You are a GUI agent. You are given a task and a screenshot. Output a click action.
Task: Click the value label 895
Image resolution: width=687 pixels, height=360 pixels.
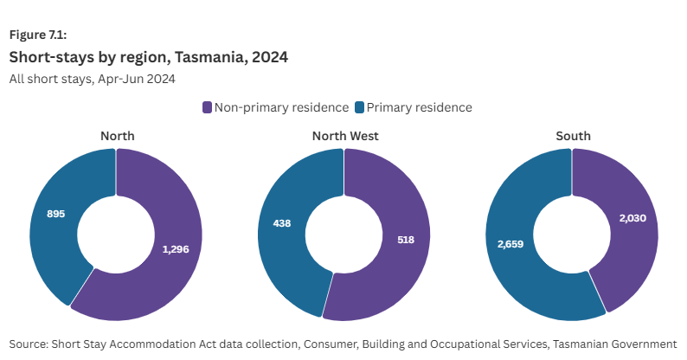point(55,213)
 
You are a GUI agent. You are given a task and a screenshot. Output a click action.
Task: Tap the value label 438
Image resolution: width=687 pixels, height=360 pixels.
point(281,223)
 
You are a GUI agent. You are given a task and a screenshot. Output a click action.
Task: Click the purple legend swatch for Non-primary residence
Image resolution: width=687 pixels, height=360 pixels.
point(208,107)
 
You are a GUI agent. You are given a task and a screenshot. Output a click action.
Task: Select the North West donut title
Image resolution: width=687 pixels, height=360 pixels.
point(345,136)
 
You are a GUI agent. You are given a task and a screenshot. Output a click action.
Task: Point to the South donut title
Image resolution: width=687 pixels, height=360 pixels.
point(573,136)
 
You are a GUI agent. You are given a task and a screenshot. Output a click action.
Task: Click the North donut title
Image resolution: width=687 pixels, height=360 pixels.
point(117,136)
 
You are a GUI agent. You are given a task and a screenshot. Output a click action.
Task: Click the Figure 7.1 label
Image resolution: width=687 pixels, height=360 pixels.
point(38,35)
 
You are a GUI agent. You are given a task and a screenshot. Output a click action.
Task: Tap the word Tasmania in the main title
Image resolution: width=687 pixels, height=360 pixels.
point(206,58)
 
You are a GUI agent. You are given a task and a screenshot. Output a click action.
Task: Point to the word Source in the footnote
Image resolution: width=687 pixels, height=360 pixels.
point(30,344)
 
